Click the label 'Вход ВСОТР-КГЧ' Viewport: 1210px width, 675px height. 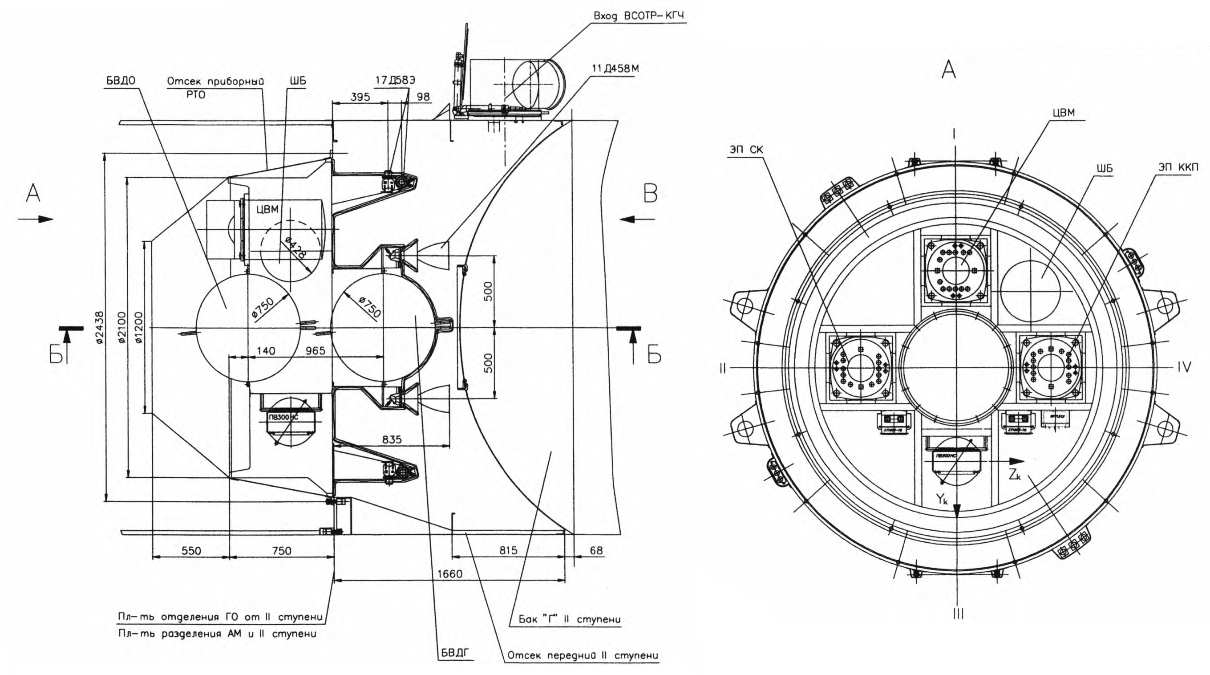click(638, 16)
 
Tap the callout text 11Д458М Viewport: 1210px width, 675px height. click(615, 69)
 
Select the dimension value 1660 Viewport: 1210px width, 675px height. click(449, 574)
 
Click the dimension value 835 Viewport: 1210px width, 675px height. click(392, 439)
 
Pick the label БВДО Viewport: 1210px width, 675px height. click(121, 81)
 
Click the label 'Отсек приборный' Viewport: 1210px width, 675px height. click(215, 81)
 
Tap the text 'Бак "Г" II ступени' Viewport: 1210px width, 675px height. click(569, 619)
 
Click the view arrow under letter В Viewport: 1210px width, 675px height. click(636, 219)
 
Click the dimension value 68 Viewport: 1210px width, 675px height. click(595, 550)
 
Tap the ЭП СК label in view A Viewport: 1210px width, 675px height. click(746, 150)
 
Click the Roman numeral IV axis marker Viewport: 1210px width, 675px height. click(1184, 367)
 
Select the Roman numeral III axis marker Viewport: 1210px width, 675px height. click(958, 614)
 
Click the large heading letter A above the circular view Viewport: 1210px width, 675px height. click(948, 70)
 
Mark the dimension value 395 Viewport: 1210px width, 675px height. click(360, 98)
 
